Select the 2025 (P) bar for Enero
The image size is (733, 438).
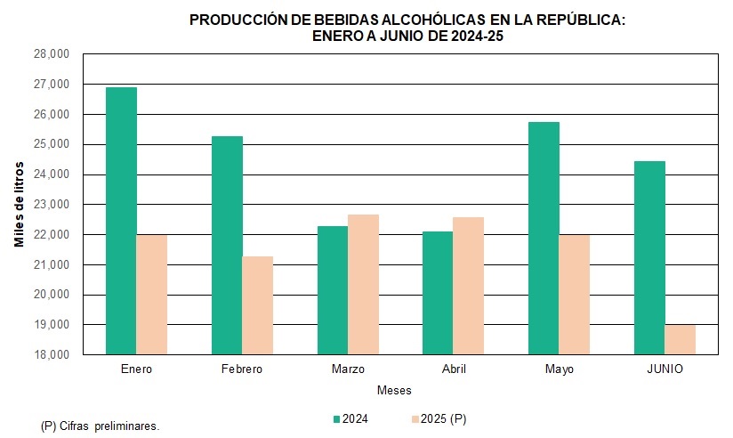152,295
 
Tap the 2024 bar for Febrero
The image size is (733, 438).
227,245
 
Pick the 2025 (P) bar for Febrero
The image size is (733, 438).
258,305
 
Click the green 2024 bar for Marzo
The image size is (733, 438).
333,290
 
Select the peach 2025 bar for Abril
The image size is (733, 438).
469,286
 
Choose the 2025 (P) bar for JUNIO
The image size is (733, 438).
681,339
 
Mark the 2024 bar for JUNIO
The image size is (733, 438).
650,257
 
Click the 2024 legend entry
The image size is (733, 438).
350,418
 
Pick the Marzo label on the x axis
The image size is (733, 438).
348,369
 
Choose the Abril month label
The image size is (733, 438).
454,369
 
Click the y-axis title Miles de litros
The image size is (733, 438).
20,204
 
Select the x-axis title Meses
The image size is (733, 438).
394,391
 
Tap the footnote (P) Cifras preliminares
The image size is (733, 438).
101,426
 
